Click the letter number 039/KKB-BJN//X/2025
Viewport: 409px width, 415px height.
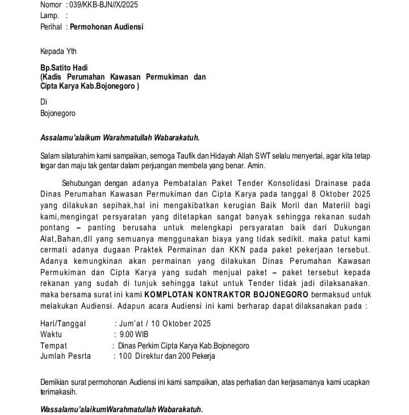pyautogui.click(x=103, y=5)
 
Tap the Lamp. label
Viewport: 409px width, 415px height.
pyautogui.click(x=49, y=16)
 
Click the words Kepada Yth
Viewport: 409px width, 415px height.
pyautogui.click(x=58, y=51)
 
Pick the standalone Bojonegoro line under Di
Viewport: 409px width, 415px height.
pyautogui.click(x=58, y=113)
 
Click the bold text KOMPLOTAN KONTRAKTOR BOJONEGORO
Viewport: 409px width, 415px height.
pyautogui.click(x=227, y=294)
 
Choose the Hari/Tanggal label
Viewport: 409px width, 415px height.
pyautogui.click(x=63, y=323)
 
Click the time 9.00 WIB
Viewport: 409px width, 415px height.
pyautogui.click(x=133, y=334)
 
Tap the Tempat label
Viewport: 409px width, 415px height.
pyautogui.click(x=53, y=345)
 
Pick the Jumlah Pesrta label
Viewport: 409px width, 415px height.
pyautogui.click(x=65, y=356)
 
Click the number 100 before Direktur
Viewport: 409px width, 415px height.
pyautogui.click(x=126, y=356)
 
